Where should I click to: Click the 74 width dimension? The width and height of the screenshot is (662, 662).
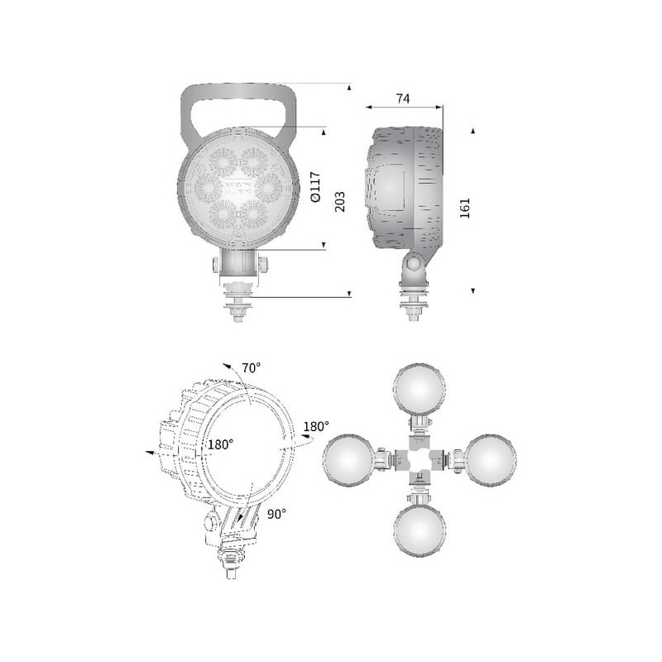click(x=403, y=98)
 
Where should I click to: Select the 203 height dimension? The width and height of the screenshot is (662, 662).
click(x=340, y=201)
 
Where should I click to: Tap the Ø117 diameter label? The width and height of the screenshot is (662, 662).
click(x=315, y=187)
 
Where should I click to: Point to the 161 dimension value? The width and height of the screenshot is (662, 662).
click(x=465, y=209)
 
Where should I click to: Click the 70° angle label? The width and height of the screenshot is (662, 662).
click(x=251, y=368)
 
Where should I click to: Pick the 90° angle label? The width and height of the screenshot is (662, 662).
click(x=276, y=514)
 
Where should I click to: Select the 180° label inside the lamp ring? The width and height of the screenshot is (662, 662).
click(x=220, y=444)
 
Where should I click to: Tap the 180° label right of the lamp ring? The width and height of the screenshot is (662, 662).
click(x=316, y=426)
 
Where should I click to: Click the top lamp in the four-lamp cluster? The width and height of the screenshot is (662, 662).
click(x=419, y=389)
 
